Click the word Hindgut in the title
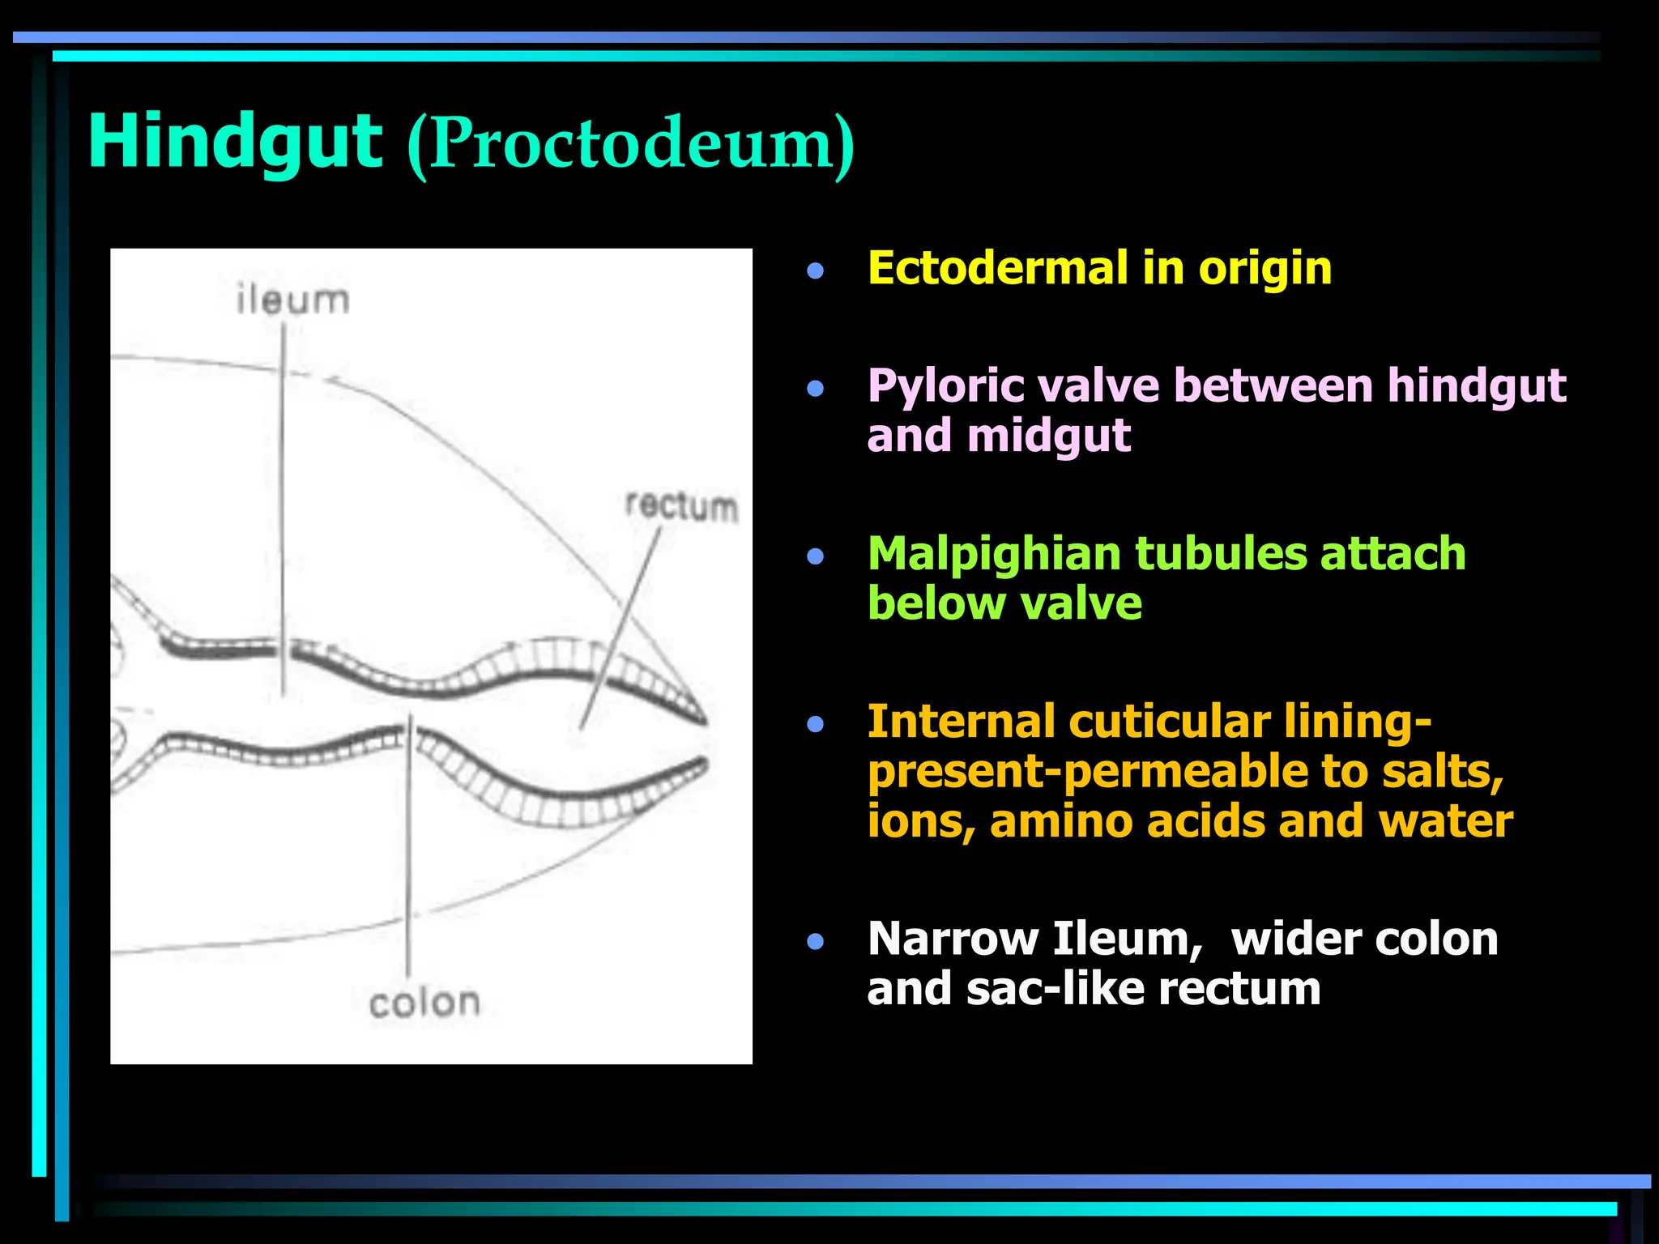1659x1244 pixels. [x=235, y=142]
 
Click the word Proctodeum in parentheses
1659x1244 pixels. [x=631, y=144]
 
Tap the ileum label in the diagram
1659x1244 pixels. [x=293, y=300]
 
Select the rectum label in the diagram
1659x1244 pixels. [x=682, y=507]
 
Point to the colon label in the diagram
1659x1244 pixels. [x=424, y=1003]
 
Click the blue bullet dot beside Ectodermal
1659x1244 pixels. [x=815, y=271]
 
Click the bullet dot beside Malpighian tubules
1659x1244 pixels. [x=815, y=556]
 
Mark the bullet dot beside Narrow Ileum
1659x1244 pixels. [x=815, y=941]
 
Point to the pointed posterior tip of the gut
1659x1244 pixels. [x=704, y=720]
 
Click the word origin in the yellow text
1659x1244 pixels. [x=1265, y=268]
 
